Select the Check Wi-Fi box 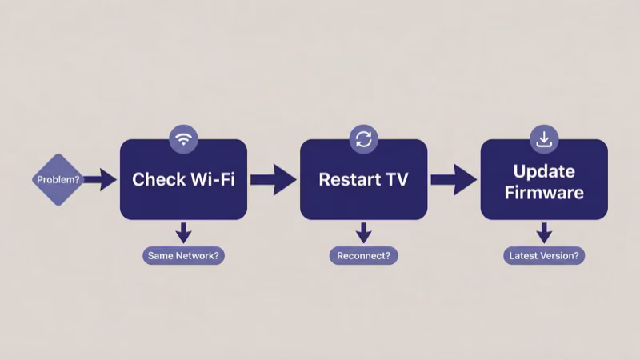click(x=183, y=179)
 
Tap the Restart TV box click(x=363, y=179)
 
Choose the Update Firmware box click(x=544, y=179)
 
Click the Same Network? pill click(x=183, y=256)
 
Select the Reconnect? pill click(x=363, y=256)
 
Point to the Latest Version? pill click(x=544, y=256)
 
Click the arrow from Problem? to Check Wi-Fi click(x=100, y=179)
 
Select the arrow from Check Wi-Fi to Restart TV click(x=273, y=179)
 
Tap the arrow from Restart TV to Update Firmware click(x=454, y=179)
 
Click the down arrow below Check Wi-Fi click(x=183, y=232)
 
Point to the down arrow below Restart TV click(x=363, y=232)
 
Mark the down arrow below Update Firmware click(x=544, y=232)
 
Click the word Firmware click(x=544, y=192)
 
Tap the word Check click(x=153, y=179)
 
